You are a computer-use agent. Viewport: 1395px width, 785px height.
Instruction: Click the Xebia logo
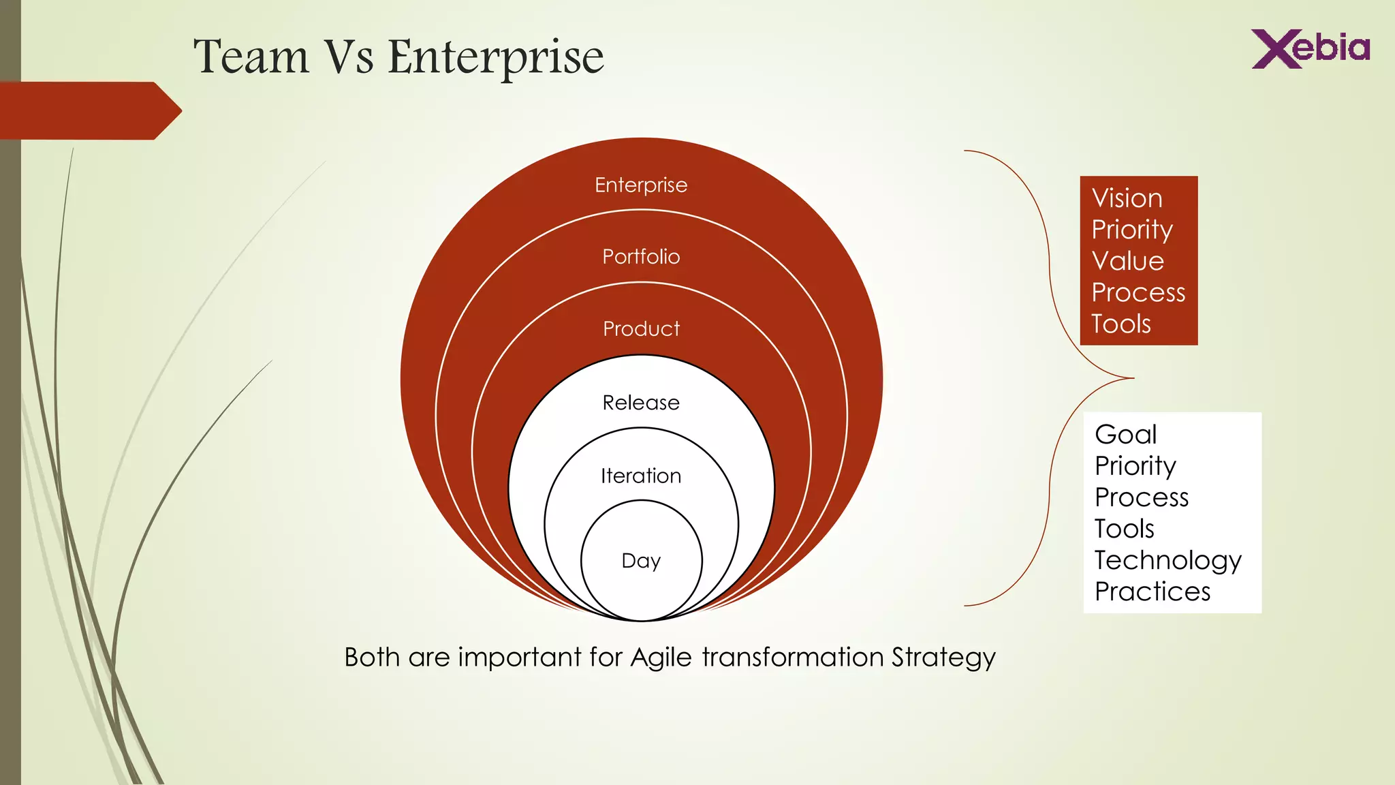(1311, 48)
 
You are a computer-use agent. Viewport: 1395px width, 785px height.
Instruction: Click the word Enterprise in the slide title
(495, 57)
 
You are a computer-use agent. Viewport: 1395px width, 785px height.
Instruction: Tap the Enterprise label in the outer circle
(641, 185)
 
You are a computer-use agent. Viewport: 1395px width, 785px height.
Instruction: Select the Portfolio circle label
(641, 257)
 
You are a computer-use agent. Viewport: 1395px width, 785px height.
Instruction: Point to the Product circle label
(641, 329)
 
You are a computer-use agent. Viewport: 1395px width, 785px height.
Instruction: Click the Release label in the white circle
(641, 403)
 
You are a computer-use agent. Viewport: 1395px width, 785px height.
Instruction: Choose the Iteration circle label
(641, 476)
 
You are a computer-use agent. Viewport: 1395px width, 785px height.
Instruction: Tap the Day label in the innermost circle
(641, 561)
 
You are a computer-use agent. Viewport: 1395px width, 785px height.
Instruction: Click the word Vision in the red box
(1127, 198)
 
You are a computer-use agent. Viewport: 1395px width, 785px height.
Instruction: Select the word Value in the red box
(1127, 261)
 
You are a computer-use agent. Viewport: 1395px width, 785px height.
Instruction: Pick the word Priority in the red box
(1132, 230)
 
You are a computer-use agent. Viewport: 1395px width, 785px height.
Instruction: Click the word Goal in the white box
(1125, 435)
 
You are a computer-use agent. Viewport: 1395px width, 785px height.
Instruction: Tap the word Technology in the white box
(1167, 561)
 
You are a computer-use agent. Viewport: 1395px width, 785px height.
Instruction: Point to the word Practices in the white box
(1153, 591)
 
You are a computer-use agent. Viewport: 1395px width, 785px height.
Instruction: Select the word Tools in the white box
(1124, 529)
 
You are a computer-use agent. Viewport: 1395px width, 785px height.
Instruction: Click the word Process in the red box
(1138, 292)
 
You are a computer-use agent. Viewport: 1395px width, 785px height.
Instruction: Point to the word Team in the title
(251, 57)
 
